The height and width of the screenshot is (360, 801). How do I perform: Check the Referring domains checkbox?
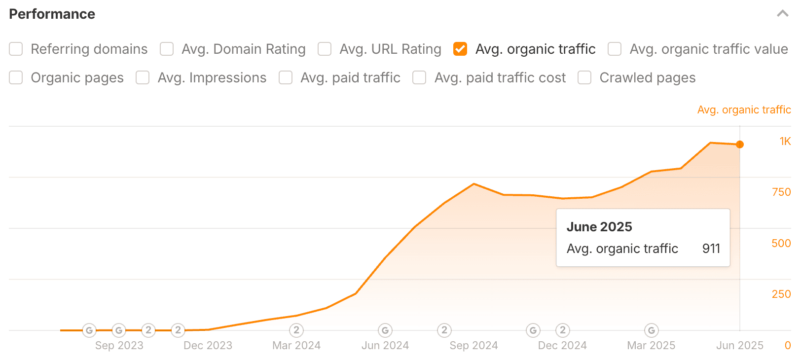16,49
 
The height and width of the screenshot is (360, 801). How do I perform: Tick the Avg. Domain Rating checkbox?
167,49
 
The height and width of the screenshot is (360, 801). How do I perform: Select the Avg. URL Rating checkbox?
325,49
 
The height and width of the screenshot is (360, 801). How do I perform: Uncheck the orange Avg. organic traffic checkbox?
460,49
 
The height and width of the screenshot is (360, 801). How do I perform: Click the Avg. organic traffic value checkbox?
615,49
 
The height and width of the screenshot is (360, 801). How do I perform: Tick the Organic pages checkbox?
16,78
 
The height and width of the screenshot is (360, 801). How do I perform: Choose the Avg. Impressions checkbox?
143,78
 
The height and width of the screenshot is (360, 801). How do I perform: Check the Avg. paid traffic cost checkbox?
419,78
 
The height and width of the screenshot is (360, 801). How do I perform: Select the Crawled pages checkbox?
584,78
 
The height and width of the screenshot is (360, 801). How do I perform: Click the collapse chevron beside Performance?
782,14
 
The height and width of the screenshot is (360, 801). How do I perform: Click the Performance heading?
52,14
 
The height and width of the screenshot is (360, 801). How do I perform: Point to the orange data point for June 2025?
740,144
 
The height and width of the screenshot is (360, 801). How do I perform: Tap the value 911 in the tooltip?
711,249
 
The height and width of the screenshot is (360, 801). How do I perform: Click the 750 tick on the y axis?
781,192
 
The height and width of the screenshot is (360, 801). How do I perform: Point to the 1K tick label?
785,142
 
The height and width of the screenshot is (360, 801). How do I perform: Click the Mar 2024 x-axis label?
296,346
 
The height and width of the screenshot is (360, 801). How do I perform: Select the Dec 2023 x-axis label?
208,346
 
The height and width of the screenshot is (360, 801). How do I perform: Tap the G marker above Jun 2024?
385,330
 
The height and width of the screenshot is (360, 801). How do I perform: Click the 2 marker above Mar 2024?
296,330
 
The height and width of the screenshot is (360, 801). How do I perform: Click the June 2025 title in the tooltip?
599,227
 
